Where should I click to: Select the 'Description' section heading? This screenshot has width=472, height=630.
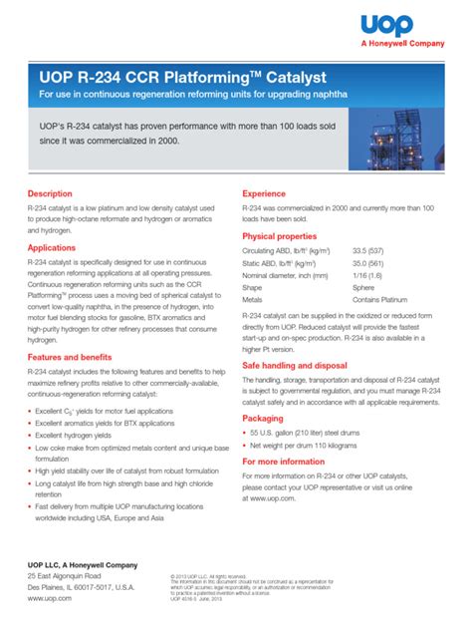click(x=50, y=193)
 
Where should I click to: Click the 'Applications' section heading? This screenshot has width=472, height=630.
click(x=52, y=247)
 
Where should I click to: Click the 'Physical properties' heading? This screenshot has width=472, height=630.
click(x=286, y=236)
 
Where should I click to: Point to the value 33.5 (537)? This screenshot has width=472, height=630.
click(x=370, y=252)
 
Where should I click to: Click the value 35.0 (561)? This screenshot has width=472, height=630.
click(x=370, y=263)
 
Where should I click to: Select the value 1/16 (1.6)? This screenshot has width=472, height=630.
click(x=368, y=275)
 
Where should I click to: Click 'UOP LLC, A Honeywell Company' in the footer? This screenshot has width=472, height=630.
click(x=83, y=565)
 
